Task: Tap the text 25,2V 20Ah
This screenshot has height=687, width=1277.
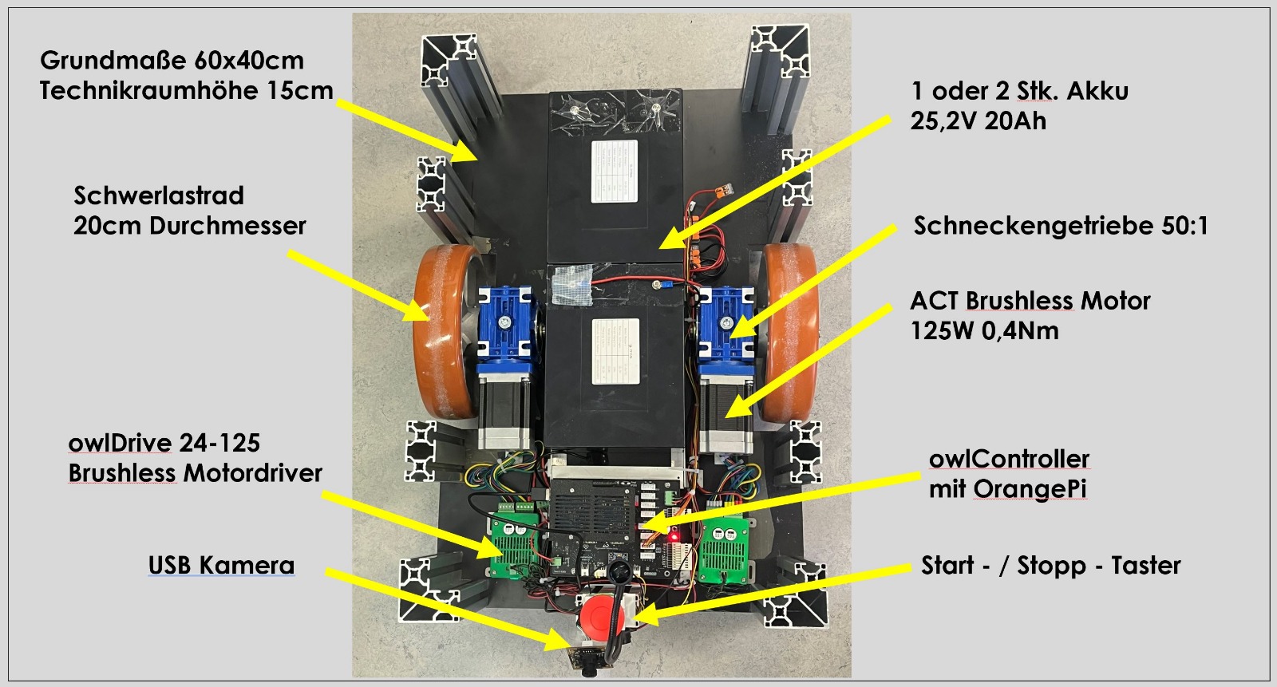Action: (978, 121)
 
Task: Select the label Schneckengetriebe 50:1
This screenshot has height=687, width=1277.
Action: (1061, 226)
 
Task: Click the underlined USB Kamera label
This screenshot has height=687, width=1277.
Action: (221, 565)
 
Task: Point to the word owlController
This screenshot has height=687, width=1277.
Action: (1009, 459)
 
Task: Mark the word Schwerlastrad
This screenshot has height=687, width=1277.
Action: (159, 195)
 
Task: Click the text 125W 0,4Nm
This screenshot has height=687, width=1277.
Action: (984, 330)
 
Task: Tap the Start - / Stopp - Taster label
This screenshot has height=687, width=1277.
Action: (1050, 565)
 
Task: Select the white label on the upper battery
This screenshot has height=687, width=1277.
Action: (614, 172)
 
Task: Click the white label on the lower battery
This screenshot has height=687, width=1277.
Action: (615, 350)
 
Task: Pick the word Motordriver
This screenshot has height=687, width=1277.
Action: (253, 473)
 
